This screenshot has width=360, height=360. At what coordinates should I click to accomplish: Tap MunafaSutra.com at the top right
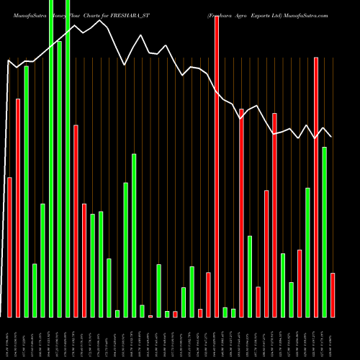click(x=301, y=14)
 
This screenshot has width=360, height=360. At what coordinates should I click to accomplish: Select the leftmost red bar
click(x=9, y=247)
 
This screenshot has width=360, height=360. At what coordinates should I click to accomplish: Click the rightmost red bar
click(x=333, y=295)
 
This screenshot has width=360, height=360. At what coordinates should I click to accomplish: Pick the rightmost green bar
click(x=325, y=232)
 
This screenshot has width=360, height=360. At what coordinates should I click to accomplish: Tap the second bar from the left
click(x=18, y=207)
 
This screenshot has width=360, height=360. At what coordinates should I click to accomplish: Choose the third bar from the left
click(x=26, y=192)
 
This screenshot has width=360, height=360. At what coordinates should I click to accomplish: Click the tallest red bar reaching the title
click(x=216, y=166)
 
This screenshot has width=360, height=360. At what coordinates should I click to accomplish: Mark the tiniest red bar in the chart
click(x=150, y=316)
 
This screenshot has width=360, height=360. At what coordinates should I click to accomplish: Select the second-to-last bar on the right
click(x=325, y=232)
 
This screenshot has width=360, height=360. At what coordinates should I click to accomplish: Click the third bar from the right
click(x=316, y=187)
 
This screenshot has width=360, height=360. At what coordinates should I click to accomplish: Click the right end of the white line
click(x=331, y=137)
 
